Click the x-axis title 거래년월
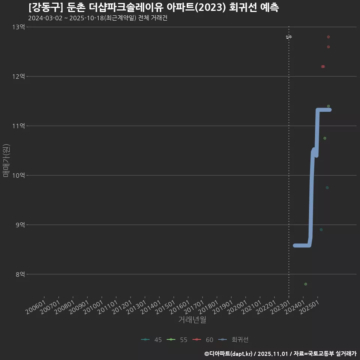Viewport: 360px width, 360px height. pos(192,320)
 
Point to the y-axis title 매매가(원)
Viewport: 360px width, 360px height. pos(6,160)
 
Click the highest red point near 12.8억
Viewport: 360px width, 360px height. pos(328,37)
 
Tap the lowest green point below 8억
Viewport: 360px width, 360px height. pos(306,284)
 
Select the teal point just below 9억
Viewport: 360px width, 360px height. pos(321,229)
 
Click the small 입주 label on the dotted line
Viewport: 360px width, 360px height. pos(289,37)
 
